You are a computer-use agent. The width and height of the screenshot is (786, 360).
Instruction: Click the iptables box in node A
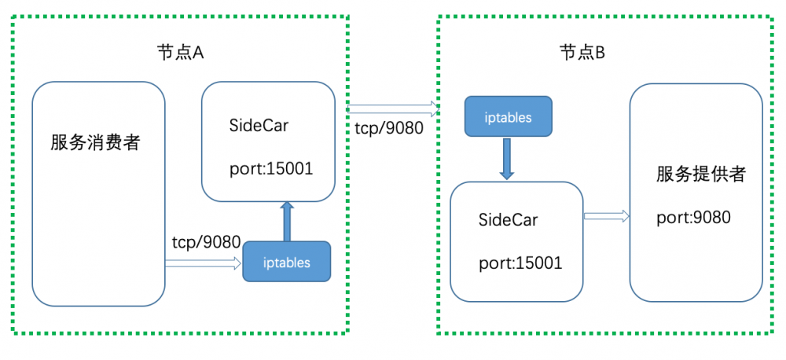coord(286,263)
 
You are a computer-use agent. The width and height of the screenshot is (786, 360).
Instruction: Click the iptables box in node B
coord(508,118)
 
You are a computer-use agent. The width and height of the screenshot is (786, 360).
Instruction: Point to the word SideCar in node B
coord(508,219)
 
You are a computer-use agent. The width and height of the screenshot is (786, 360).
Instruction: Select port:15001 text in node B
coord(520,263)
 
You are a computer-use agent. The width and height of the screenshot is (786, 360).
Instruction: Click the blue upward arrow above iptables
coord(287,221)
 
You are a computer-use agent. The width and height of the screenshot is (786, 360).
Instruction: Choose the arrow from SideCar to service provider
coord(606,215)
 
